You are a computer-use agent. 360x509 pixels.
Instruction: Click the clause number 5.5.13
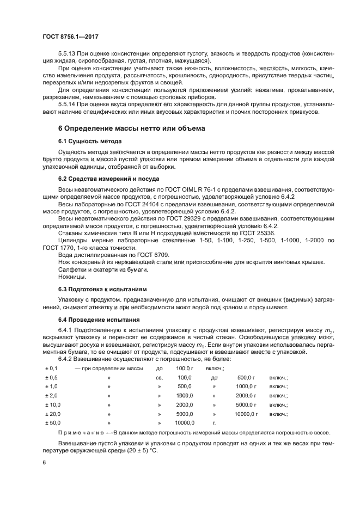point(68,54)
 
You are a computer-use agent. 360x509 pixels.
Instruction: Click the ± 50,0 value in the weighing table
point(52,422)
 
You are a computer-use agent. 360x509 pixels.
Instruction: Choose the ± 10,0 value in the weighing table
point(52,404)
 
